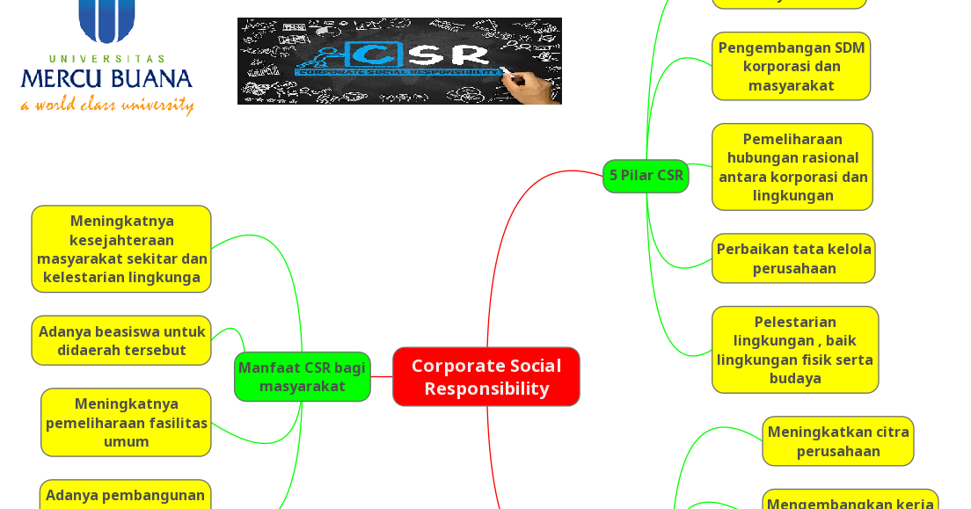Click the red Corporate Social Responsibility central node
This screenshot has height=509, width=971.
(x=485, y=376)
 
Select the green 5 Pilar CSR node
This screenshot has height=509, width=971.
(x=646, y=176)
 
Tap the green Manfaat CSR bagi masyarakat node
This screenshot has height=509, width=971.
(x=302, y=376)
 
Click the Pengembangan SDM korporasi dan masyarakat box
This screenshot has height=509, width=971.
(x=791, y=66)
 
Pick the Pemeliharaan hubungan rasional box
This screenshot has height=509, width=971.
(x=792, y=167)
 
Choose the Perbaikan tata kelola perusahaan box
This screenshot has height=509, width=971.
(x=793, y=258)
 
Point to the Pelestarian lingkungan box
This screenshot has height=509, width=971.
(x=795, y=350)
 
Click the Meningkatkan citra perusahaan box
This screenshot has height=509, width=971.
(x=837, y=441)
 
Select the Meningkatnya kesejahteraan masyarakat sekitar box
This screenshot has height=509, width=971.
(x=121, y=249)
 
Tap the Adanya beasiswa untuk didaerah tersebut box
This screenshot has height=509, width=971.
(x=121, y=340)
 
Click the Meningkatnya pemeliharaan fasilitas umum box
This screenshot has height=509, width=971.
(x=126, y=422)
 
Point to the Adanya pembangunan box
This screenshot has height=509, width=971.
(x=125, y=496)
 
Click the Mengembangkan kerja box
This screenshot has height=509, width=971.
(x=850, y=501)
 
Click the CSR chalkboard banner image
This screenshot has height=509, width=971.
(x=399, y=61)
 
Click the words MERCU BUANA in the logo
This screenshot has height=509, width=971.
(x=106, y=79)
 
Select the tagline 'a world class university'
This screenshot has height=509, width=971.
(x=106, y=105)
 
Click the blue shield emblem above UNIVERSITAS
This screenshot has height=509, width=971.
(x=106, y=19)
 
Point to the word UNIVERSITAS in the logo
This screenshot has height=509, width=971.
(x=106, y=58)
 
